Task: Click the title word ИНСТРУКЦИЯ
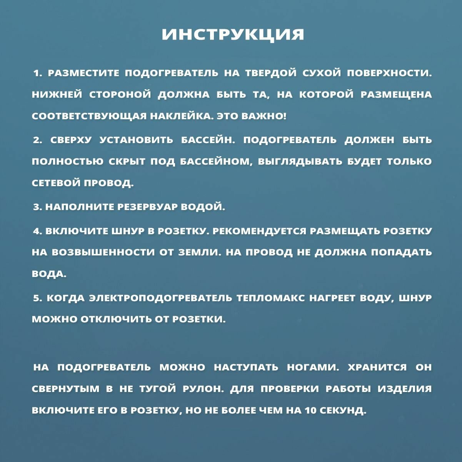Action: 232,35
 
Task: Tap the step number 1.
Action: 37,73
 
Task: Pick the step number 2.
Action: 37,140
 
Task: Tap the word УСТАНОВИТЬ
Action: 136,140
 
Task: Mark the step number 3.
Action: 37,207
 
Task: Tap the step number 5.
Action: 37,298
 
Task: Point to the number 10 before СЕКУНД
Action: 310,410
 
